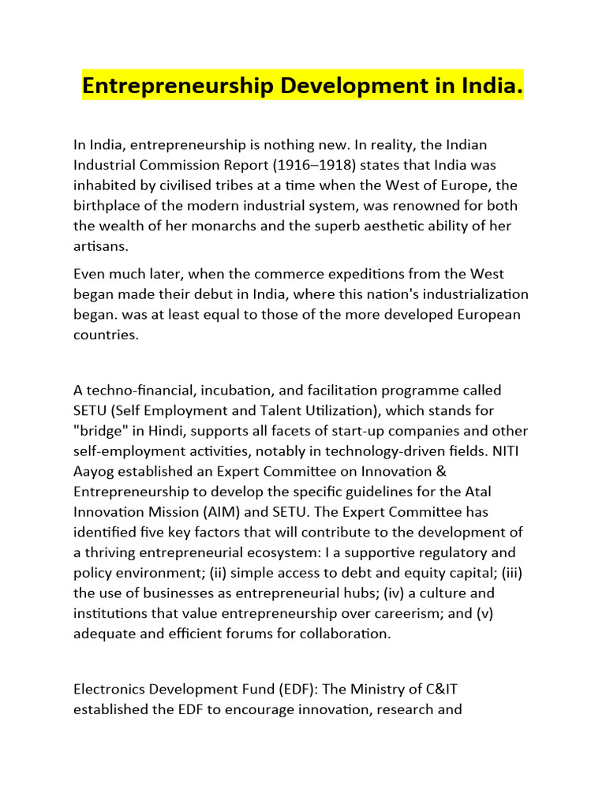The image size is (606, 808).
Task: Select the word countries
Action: pos(106,335)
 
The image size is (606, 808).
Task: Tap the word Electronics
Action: pos(110,689)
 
